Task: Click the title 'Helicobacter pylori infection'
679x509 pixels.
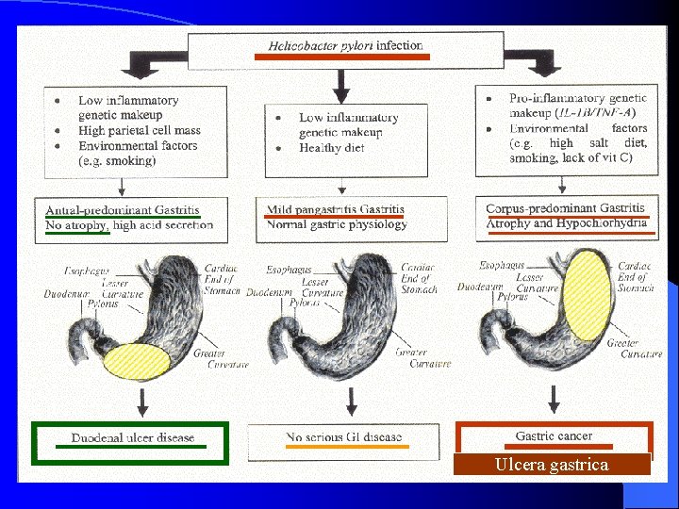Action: click(x=345, y=45)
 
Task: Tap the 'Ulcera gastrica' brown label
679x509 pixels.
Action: click(x=552, y=465)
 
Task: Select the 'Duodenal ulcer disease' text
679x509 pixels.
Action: click(x=133, y=437)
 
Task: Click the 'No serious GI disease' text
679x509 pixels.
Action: click(x=343, y=437)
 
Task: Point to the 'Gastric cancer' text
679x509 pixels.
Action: click(x=554, y=436)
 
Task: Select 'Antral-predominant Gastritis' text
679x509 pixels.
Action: click(x=123, y=210)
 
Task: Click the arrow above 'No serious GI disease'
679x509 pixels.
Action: click(x=351, y=402)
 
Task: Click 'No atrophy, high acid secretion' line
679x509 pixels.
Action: click(x=129, y=224)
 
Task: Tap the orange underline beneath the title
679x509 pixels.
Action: click(x=342, y=57)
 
